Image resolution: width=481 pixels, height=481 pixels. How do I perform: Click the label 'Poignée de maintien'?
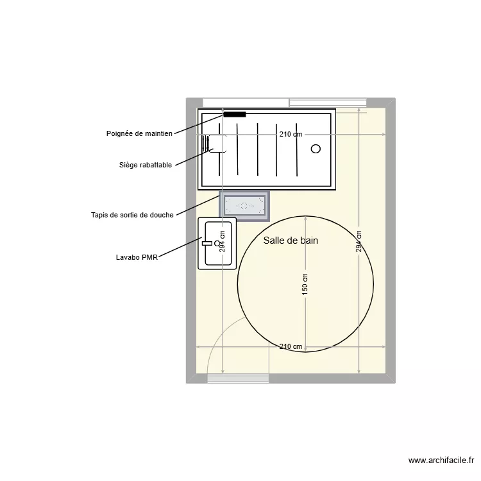pyautogui.click(x=139, y=133)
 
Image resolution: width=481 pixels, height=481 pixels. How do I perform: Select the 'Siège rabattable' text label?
pyautogui.click(x=145, y=165)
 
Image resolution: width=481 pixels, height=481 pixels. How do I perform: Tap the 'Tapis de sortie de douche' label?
pyautogui.click(x=132, y=215)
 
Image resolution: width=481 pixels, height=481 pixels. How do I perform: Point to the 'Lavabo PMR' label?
pyautogui.click(x=137, y=257)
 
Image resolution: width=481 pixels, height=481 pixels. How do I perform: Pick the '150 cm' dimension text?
pyautogui.click(x=305, y=285)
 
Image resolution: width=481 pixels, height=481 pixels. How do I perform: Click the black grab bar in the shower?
pyautogui.click(x=235, y=114)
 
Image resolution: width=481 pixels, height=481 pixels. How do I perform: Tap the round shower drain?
pyautogui.click(x=316, y=149)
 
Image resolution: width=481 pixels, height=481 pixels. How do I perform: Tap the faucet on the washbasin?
pyautogui.click(x=207, y=243)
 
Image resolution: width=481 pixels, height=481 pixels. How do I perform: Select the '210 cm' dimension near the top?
pyautogui.click(x=291, y=134)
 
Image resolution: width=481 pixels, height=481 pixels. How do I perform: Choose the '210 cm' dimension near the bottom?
pyautogui.click(x=291, y=346)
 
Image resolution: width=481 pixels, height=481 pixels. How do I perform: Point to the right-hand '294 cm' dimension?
pyautogui.click(x=359, y=241)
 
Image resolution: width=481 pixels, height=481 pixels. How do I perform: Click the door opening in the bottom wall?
pyautogui.click(x=238, y=378)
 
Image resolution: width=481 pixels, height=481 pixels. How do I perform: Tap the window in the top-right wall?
pyautogui.click(x=327, y=103)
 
